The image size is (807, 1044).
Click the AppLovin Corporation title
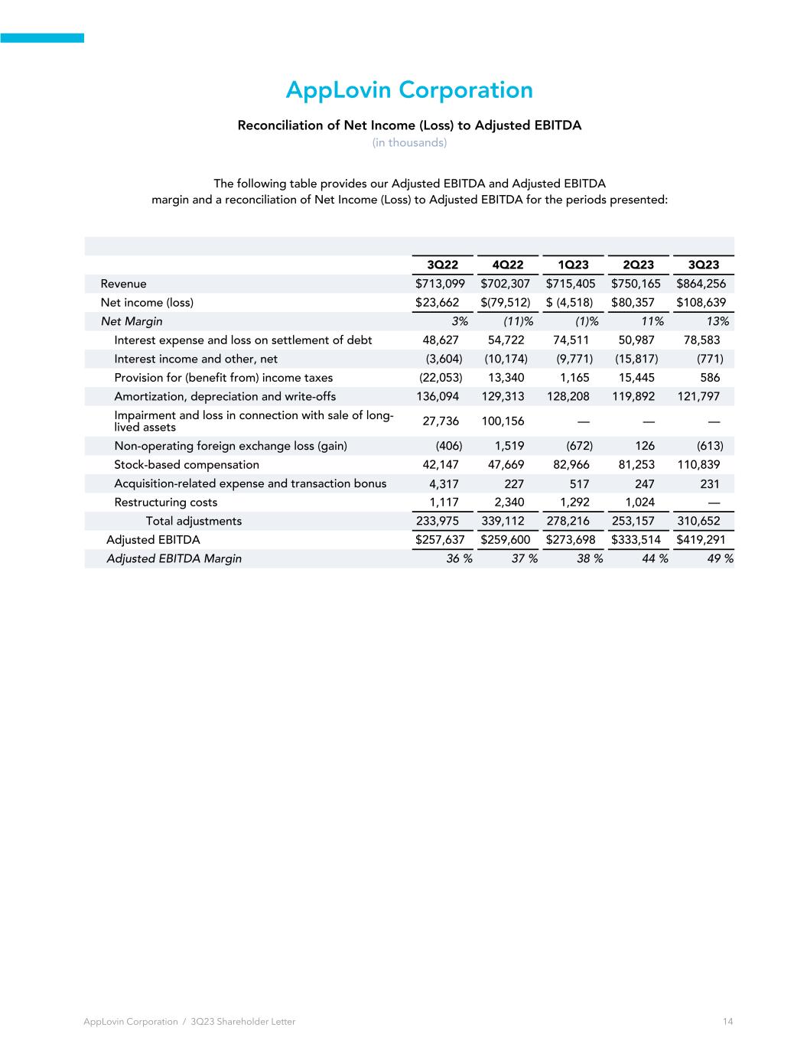(x=409, y=90)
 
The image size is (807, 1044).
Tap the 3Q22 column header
(x=442, y=265)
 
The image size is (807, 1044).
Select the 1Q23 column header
(x=573, y=265)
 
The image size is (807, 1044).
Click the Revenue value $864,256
(x=701, y=284)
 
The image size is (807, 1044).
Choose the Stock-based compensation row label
(x=187, y=464)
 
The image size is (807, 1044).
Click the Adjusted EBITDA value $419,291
(x=701, y=540)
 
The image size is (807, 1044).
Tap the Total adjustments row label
(x=194, y=521)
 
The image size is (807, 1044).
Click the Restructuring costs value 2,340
(x=509, y=502)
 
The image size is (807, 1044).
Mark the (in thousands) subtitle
(x=409, y=143)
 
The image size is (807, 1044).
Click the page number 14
(x=727, y=1022)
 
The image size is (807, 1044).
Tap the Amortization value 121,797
(x=697, y=396)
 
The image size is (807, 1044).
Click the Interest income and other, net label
(x=196, y=359)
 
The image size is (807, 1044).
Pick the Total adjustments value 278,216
(x=568, y=521)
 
